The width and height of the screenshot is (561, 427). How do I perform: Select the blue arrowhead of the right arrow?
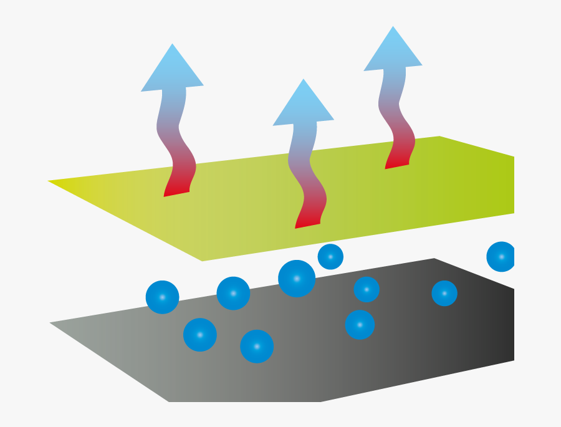(393, 52)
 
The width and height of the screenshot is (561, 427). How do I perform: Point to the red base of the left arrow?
(177, 186)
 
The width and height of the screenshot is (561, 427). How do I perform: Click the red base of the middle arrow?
(309, 218)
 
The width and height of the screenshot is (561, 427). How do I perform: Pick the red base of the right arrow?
(398, 158)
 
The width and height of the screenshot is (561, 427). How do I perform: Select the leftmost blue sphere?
(162, 297)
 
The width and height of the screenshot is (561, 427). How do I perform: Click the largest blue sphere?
(297, 279)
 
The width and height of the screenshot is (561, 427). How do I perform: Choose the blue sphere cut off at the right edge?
(501, 257)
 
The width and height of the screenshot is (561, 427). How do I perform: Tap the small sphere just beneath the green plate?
(330, 257)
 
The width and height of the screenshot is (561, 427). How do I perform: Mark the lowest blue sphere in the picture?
(257, 346)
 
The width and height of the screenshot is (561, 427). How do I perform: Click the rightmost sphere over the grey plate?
(444, 293)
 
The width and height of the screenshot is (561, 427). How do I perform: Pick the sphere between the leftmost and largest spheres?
(233, 293)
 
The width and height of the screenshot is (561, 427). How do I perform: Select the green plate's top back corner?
(439, 138)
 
